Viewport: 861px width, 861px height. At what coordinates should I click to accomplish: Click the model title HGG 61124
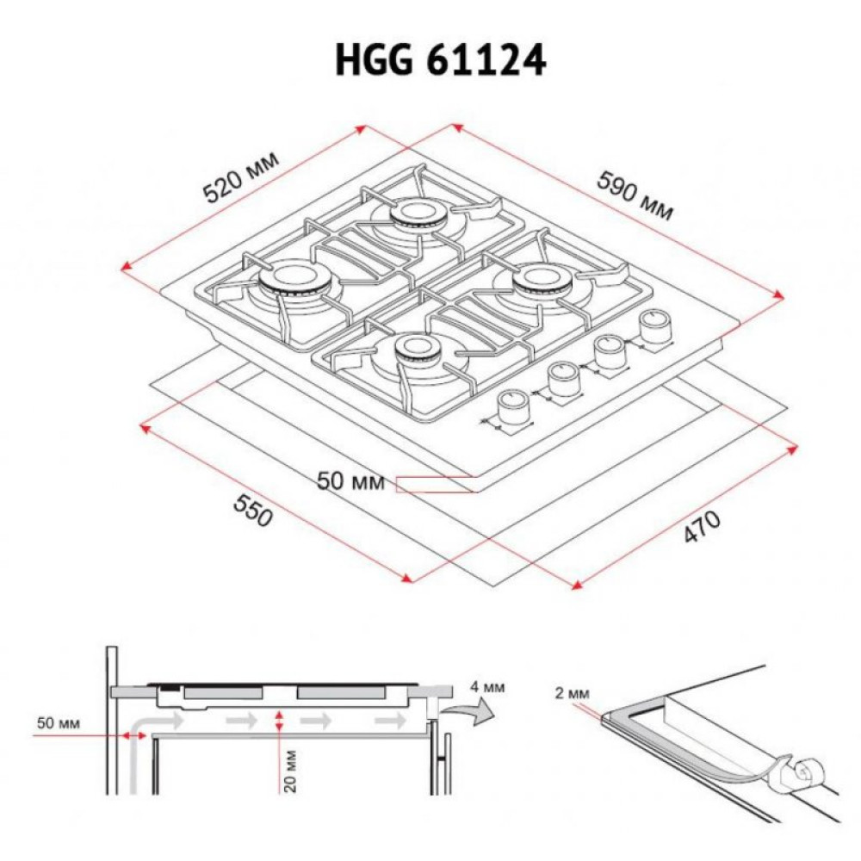click(440, 62)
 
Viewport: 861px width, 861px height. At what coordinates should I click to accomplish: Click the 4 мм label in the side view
click(487, 688)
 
